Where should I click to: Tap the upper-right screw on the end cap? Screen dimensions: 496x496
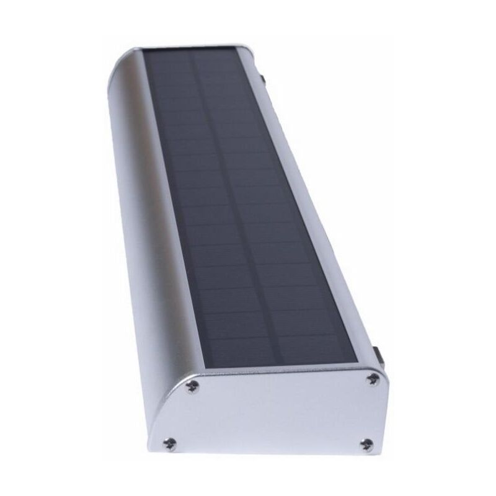(x=373, y=378)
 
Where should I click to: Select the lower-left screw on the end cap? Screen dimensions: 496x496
(x=169, y=443)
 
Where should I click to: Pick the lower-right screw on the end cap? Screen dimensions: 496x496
(x=367, y=444)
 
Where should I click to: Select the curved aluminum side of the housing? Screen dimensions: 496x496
(x=139, y=217)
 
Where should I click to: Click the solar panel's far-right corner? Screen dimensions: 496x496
(x=236, y=50)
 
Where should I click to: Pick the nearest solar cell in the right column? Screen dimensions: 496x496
(x=316, y=347)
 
